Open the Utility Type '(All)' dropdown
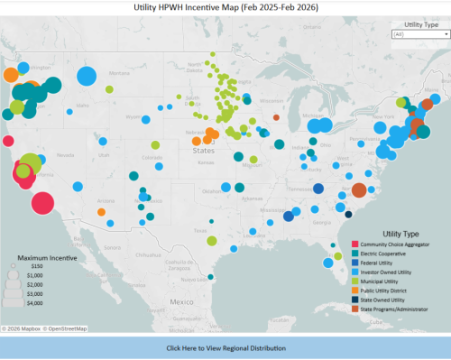(421, 33)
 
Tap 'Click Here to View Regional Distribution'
(225, 347)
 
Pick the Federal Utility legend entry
(379, 262)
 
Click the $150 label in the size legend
(37, 267)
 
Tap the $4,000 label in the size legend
(37, 302)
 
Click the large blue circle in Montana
(87, 76)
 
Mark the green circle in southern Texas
(210, 241)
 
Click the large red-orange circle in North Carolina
(359, 189)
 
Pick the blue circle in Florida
(324, 263)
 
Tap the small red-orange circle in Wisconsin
(276, 117)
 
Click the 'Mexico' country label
(184, 300)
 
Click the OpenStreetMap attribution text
(68, 328)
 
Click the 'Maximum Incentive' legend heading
(38, 256)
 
